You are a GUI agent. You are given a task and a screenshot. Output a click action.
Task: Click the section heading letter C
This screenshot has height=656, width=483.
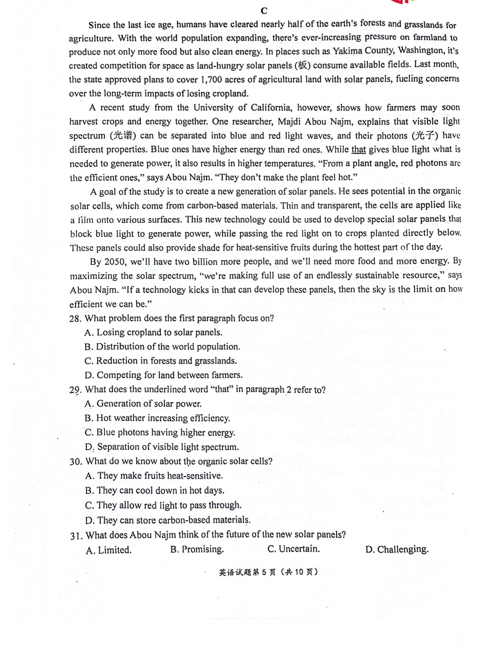pos(264,11)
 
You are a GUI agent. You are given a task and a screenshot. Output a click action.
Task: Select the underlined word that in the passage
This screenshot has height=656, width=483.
pos(358,150)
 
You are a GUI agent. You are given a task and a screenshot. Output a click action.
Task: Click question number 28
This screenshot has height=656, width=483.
pos(75,318)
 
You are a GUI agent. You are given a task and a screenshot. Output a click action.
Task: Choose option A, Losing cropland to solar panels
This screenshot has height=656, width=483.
pos(154,333)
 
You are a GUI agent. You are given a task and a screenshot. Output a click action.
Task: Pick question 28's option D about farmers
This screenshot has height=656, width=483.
pos(164,375)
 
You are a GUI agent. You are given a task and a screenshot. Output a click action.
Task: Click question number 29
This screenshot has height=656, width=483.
pos(75,390)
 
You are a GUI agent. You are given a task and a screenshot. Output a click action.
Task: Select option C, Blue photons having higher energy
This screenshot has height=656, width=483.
pos(160,432)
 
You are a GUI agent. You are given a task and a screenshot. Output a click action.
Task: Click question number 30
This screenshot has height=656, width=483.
pos(76,461)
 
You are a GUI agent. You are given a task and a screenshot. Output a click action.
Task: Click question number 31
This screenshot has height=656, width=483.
pos(76,535)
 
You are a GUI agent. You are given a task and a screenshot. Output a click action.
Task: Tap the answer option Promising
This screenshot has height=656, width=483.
pos(197,549)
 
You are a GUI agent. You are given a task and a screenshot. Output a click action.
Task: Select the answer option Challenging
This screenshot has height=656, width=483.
pos(397,549)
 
